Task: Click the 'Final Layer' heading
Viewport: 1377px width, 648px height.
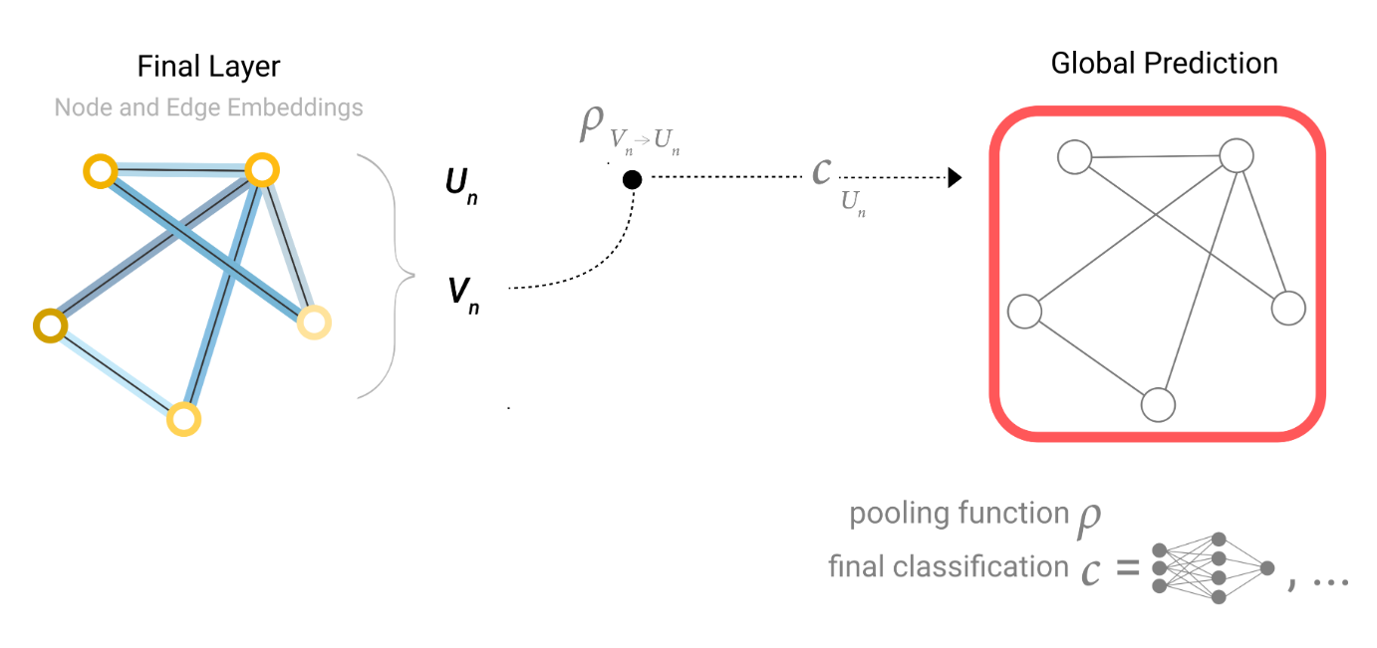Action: coord(209,67)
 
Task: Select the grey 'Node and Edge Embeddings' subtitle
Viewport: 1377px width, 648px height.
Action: coord(209,107)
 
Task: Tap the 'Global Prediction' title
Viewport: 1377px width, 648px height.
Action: coord(1164,64)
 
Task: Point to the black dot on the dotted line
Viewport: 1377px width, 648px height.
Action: coord(632,180)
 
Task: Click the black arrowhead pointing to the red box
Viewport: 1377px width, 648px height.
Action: coord(954,179)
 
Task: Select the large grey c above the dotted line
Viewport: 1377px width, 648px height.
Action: coord(821,171)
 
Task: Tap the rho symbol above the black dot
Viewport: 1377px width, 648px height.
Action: coord(591,126)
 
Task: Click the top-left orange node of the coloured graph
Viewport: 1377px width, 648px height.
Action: coord(100,172)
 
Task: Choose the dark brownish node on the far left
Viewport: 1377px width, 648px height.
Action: coord(49,324)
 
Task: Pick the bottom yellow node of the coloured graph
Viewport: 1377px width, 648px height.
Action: coord(183,419)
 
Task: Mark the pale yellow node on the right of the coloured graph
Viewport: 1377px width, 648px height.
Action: coord(314,323)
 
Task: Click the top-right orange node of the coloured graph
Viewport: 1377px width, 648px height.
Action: coord(260,170)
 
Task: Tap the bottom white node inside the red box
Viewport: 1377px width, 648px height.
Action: coord(1158,405)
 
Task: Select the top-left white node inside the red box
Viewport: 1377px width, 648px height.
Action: coord(1074,157)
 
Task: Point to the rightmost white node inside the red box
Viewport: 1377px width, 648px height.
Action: coord(1287,308)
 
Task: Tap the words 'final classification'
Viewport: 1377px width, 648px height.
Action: coord(948,567)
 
